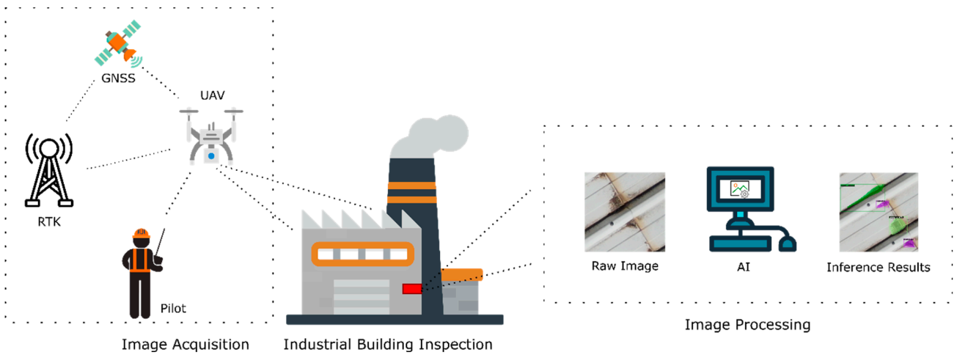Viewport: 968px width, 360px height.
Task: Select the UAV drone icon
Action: tap(211, 135)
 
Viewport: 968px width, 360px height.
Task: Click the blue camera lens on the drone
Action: tap(211, 156)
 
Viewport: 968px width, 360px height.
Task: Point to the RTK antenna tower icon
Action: tap(48, 169)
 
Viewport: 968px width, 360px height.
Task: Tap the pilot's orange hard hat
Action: tap(142, 235)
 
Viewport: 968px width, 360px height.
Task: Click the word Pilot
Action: tap(173, 309)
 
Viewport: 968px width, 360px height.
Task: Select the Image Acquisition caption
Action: tap(185, 344)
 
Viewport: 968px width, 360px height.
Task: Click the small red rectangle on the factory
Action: tap(412, 289)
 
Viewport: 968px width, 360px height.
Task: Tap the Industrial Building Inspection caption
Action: tap(388, 344)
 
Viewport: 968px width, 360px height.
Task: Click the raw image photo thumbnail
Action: tap(625, 212)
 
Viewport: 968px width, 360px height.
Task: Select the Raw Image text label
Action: tap(625, 266)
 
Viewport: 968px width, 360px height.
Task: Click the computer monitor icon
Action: tap(739, 193)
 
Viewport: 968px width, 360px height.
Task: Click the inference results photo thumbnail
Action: tap(878, 212)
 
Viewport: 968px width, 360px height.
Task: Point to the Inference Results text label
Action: tap(878, 267)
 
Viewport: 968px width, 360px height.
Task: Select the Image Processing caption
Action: tap(747, 324)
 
